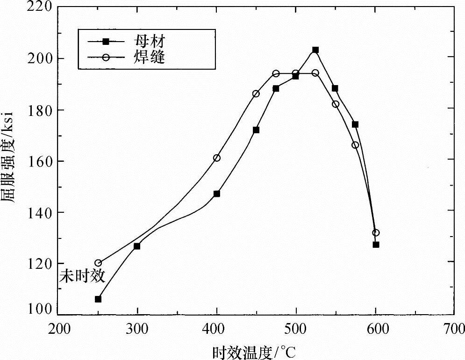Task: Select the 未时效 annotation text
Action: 81,276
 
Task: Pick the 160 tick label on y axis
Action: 39,161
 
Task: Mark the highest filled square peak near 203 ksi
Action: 315,50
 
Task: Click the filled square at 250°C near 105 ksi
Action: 98,299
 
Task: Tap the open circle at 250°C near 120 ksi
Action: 98,263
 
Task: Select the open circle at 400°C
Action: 217,158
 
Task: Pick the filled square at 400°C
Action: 217,194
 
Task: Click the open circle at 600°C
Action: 376,233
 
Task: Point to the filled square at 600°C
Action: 376,245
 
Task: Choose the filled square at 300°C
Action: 137,246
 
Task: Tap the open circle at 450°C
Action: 256,94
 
